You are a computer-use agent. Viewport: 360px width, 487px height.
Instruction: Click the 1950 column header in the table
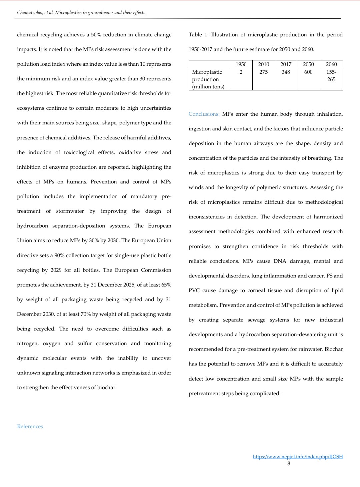click(241, 64)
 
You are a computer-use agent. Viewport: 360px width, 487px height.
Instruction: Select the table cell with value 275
click(263, 72)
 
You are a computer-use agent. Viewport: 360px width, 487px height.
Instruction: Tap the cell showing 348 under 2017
click(286, 72)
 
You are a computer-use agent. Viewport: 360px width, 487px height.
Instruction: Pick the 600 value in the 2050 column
click(308, 72)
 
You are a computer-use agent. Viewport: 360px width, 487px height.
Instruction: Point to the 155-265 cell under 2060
click(331, 75)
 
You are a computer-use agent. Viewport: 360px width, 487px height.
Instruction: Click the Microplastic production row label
click(208, 79)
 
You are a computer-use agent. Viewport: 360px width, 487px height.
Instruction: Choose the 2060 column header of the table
click(331, 64)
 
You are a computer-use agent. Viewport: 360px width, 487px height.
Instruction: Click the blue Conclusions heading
click(204, 114)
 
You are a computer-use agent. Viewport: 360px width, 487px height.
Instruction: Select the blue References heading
click(30, 426)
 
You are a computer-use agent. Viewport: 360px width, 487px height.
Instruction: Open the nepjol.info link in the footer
click(298, 457)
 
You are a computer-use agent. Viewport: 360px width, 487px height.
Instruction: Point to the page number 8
click(289, 463)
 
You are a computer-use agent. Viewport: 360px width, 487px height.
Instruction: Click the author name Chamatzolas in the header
click(30, 13)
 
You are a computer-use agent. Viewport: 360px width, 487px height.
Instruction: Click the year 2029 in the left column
click(56, 270)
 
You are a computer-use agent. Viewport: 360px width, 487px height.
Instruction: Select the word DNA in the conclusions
click(280, 261)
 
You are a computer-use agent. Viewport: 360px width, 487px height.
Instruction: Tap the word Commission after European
click(156, 270)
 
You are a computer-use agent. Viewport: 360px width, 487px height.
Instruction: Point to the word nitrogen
click(28, 344)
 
